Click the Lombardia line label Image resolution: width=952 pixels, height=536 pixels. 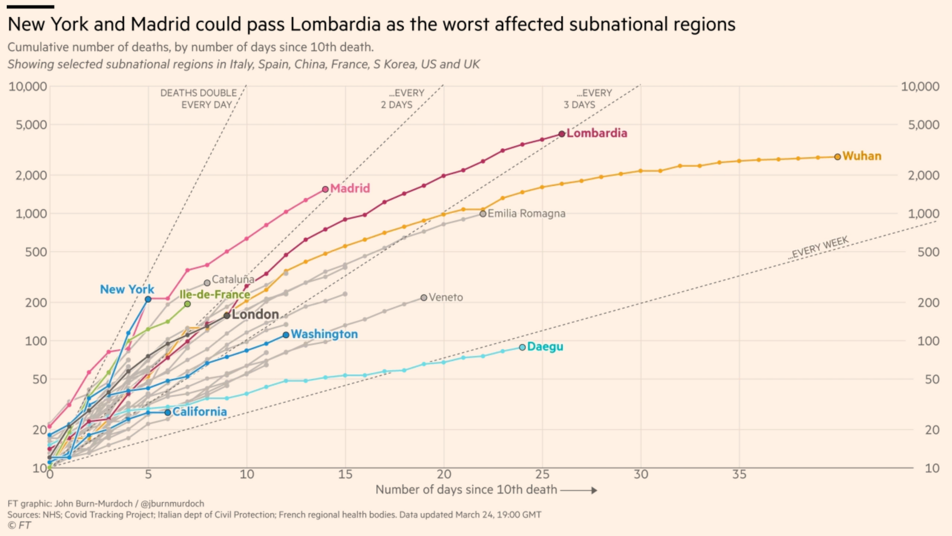click(596, 133)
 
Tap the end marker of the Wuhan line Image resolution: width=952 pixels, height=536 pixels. click(837, 156)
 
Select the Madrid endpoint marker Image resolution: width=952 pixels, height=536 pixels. click(326, 189)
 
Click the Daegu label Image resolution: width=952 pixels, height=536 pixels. click(545, 347)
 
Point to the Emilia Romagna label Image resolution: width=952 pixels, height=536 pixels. click(526, 214)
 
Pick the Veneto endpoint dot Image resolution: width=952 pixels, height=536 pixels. click(424, 298)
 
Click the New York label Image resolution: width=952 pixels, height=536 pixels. click(127, 289)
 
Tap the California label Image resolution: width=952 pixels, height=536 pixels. click(199, 412)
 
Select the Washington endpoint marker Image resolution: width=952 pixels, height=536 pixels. click(286, 335)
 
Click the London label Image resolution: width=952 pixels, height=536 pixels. click(255, 314)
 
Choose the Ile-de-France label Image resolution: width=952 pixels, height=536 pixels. click(215, 294)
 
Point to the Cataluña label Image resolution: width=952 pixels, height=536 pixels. click(233, 279)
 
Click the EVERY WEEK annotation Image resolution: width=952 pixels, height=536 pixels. click(820, 247)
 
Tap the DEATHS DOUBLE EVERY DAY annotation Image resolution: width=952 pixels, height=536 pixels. click(198, 98)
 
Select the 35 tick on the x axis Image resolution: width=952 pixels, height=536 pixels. click(739, 474)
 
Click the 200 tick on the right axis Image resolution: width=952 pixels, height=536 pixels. click(928, 302)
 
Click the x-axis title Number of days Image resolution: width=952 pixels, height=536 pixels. click(466, 489)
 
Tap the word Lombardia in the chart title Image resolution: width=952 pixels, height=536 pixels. click(335, 24)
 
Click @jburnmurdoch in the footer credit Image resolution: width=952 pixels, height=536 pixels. click(172, 503)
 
